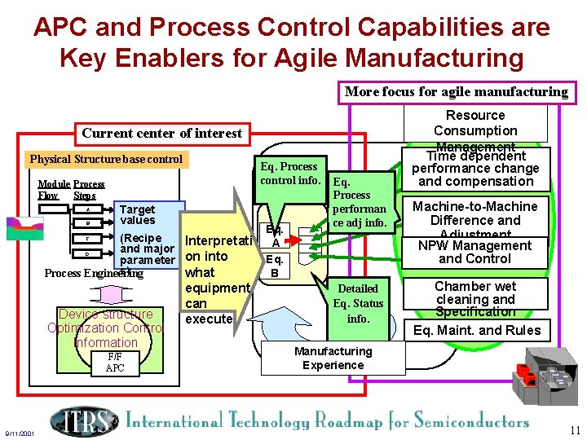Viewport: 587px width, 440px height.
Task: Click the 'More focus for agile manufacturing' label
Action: pos(456,91)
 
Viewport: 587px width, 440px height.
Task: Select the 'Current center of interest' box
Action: pos(161,133)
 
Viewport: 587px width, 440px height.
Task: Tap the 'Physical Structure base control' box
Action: pos(106,159)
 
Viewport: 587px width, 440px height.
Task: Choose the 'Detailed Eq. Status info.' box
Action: pos(358,303)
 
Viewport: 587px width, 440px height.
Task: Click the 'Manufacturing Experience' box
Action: pos(333,358)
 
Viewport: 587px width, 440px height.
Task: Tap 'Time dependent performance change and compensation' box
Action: pos(475,168)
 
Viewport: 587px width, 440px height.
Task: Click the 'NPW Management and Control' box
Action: pos(474,252)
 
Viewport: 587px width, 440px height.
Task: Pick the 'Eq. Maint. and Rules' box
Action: pos(477,330)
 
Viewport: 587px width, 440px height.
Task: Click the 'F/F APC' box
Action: pos(115,362)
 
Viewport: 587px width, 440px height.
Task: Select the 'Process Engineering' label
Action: pos(93,273)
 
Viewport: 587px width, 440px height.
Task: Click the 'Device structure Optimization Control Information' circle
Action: pos(106,328)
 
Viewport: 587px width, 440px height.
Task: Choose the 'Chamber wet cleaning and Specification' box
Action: pos(475,299)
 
